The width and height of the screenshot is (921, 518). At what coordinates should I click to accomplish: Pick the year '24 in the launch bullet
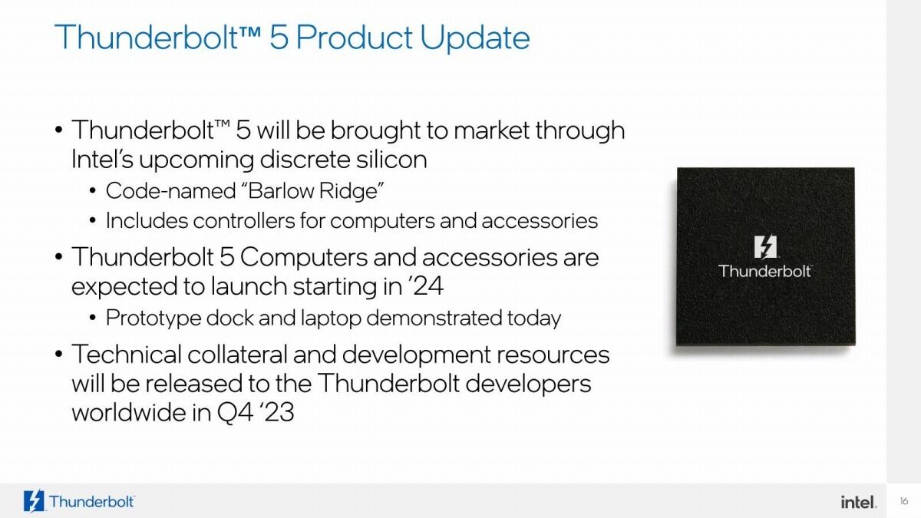pyautogui.click(x=424, y=286)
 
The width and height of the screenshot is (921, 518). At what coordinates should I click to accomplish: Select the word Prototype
pyautogui.click(x=153, y=318)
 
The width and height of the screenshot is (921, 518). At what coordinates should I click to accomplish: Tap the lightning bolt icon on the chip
pyautogui.click(x=765, y=247)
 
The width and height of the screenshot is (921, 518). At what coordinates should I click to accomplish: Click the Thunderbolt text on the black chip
pyautogui.click(x=765, y=271)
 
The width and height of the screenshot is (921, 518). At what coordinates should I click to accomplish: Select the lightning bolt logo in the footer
pyautogui.click(x=35, y=501)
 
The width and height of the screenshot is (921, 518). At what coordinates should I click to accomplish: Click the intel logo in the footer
pyautogui.click(x=858, y=502)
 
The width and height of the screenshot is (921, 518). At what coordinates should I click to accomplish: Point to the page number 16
pyautogui.click(x=903, y=502)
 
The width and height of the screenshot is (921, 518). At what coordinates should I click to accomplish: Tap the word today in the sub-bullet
pyautogui.click(x=534, y=318)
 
